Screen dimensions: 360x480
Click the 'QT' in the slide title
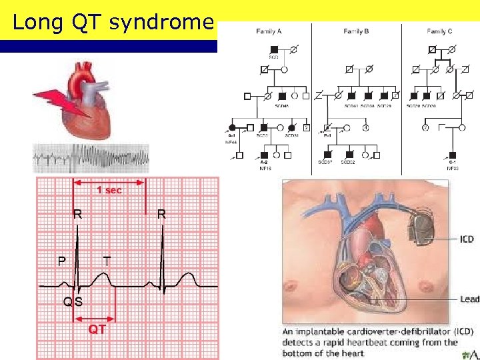84,22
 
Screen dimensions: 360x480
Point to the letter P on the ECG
61,260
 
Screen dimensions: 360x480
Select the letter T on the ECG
107,260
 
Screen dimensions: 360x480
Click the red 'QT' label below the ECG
97,329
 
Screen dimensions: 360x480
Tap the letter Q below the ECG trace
68,301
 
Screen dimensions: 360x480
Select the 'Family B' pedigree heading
357,31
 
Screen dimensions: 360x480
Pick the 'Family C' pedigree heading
441,31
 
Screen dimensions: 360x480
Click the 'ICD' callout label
467,238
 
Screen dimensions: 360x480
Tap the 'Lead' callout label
469,299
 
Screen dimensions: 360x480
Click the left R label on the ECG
78,215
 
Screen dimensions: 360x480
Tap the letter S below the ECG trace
79,301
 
